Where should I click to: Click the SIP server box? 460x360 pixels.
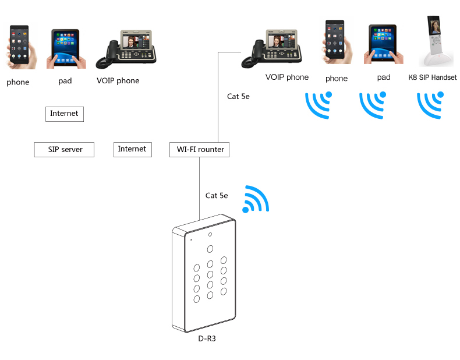pos(64,150)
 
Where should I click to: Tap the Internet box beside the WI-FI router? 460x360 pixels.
pos(132,149)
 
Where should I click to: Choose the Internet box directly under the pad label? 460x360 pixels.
pos(64,114)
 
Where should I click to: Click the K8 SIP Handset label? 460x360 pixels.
pos(432,77)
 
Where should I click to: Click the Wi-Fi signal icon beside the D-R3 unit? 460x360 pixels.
pos(256,199)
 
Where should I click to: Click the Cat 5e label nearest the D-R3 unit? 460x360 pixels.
pos(217,196)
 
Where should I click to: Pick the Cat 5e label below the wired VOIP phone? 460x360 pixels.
pos(238,97)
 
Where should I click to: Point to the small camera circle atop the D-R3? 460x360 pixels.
pos(210,234)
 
